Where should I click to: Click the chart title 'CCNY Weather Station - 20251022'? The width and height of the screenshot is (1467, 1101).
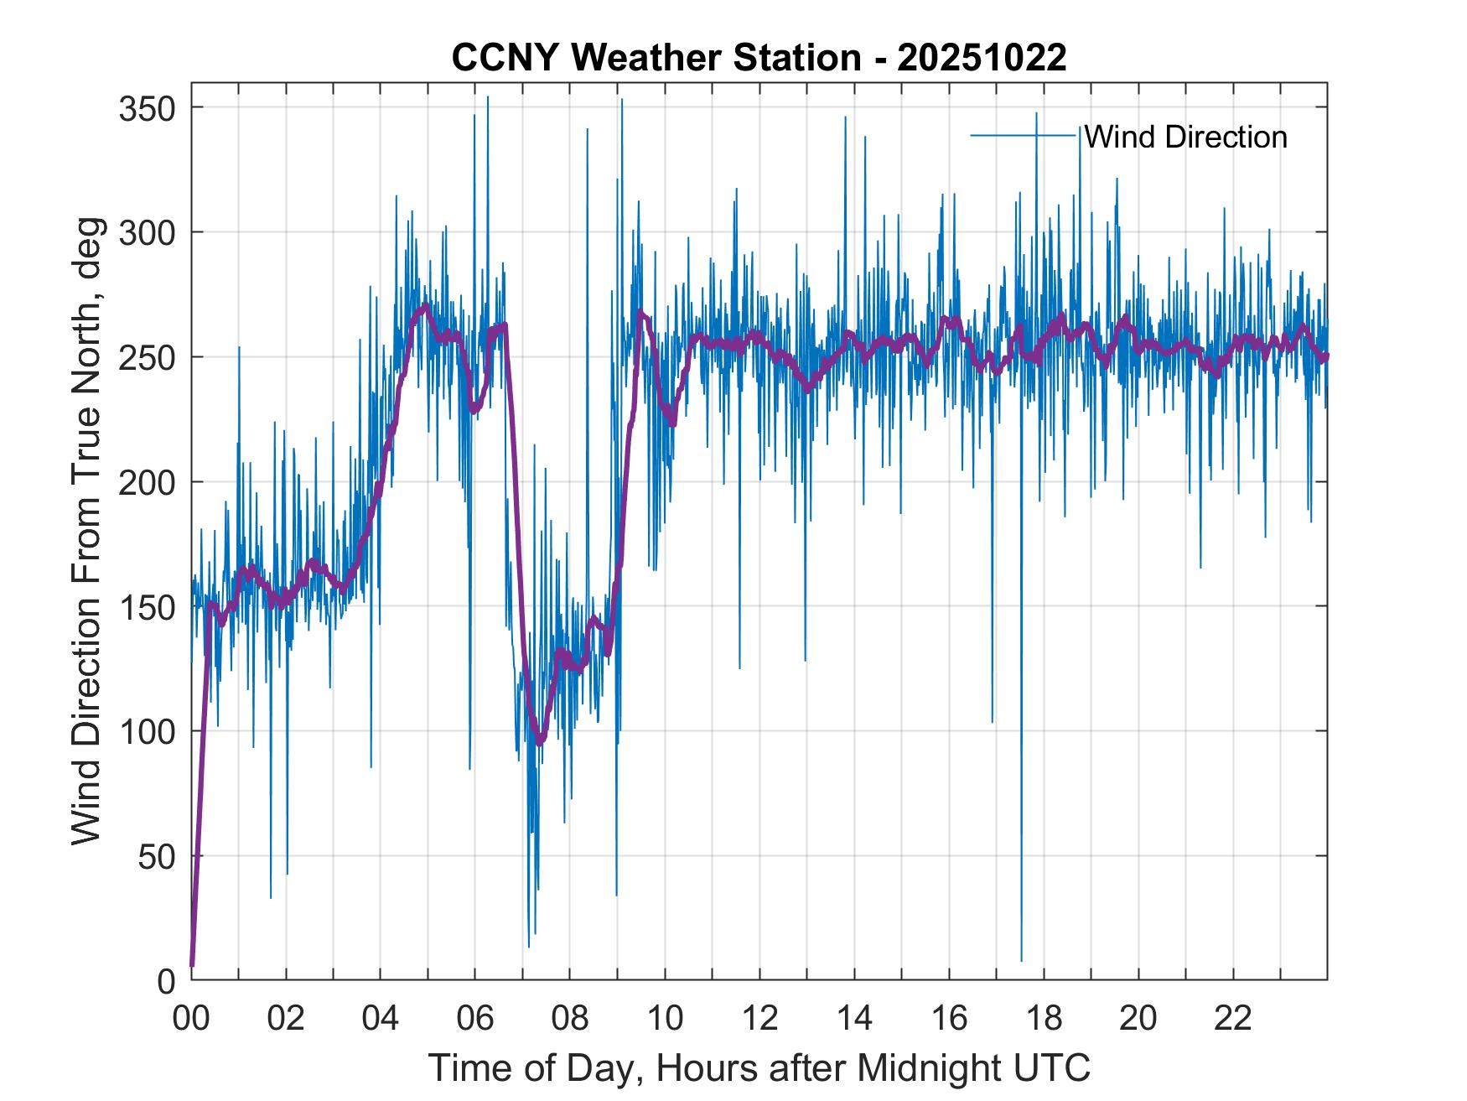coord(759,58)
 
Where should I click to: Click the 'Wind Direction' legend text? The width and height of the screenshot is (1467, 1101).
coord(1185,137)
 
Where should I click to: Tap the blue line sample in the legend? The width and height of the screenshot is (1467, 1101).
coord(1024,136)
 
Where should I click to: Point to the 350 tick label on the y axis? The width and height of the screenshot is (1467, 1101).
coord(147,108)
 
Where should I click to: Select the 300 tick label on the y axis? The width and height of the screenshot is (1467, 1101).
coord(147,232)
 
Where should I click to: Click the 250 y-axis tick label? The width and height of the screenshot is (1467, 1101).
coord(147,357)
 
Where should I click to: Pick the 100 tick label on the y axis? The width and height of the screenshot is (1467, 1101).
coord(147,731)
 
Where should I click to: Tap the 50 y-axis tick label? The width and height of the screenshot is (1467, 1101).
coord(156,856)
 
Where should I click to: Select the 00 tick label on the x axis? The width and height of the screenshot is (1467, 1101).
coord(191,1019)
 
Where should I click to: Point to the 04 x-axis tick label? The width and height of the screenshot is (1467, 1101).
coord(380,1019)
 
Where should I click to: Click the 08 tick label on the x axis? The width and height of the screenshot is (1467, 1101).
coord(569,1019)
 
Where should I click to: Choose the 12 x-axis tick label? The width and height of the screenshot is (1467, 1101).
coord(759,1019)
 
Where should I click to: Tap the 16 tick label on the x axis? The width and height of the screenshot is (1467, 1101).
coord(949,1019)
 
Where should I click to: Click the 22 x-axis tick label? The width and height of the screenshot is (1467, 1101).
coord(1233,1019)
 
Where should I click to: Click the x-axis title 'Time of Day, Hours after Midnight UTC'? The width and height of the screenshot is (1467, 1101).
coord(759,1067)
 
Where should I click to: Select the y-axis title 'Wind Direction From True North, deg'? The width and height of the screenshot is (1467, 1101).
coord(86,531)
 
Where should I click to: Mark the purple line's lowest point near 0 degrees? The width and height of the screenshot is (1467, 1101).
coord(192,964)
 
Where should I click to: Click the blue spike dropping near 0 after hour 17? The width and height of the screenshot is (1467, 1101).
coord(1021,958)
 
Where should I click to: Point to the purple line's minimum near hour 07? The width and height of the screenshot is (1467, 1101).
coord(539,742)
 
